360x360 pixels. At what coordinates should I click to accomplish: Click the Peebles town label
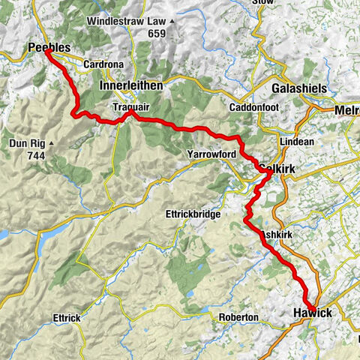[x=49, y=48]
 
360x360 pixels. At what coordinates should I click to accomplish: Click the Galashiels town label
[x=297, y=88]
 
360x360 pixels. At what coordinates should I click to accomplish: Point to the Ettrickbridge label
[x=192, y=214]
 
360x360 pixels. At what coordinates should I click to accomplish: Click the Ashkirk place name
[x=279, y=235]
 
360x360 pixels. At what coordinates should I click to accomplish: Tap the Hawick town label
[x=312, y=312]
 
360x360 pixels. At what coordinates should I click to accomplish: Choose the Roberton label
[x=238, y=317]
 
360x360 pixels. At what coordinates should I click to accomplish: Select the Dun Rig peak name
[x=28, y=141]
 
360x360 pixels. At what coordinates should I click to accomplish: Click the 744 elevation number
[x=33, y=156]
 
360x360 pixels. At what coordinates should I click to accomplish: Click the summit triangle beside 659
[x=172, y=33]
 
